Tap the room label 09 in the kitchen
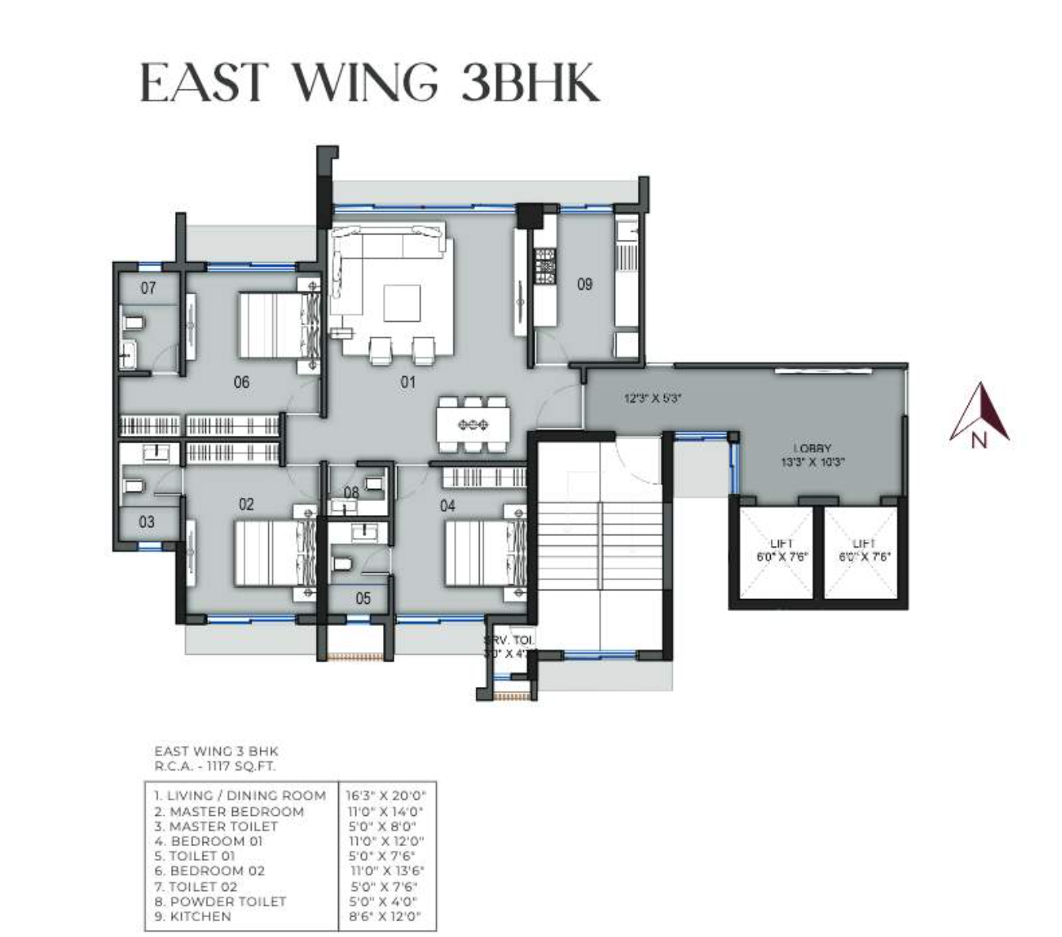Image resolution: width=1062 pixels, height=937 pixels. tap(584, 284)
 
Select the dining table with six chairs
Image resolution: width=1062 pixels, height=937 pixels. tap(472, 425)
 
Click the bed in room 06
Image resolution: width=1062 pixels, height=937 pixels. tap(273, 325)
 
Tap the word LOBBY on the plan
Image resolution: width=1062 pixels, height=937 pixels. tap(812, 449)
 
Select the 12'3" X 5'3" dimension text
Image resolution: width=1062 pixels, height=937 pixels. tap(653, 400)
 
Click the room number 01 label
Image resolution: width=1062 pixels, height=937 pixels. tap(408, 383)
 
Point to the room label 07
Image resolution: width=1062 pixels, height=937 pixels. tap(149, 288)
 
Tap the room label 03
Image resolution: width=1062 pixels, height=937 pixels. tap(147, 522)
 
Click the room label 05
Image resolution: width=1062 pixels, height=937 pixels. tap(362, 598)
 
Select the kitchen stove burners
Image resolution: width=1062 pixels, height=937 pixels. tap(545, 267)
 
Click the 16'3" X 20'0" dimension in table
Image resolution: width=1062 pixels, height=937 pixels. tap(385, 795)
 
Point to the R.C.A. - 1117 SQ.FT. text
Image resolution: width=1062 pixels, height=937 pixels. tap(215, 766)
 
